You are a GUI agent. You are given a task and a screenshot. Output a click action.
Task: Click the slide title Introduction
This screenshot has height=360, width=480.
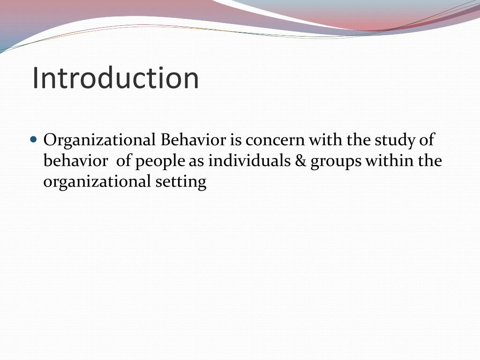tap(115, 78)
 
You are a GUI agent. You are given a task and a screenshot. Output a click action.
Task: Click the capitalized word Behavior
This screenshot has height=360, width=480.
tap(194, 140)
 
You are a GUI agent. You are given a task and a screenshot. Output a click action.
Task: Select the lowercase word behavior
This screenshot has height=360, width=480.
tap(75, 161)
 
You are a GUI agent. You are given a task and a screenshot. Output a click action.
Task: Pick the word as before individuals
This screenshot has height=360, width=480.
tap(197, 161)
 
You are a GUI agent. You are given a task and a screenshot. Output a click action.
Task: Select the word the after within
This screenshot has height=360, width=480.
tap(431, 161)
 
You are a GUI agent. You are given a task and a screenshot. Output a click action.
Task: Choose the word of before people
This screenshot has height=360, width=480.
tap(124, 161)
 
